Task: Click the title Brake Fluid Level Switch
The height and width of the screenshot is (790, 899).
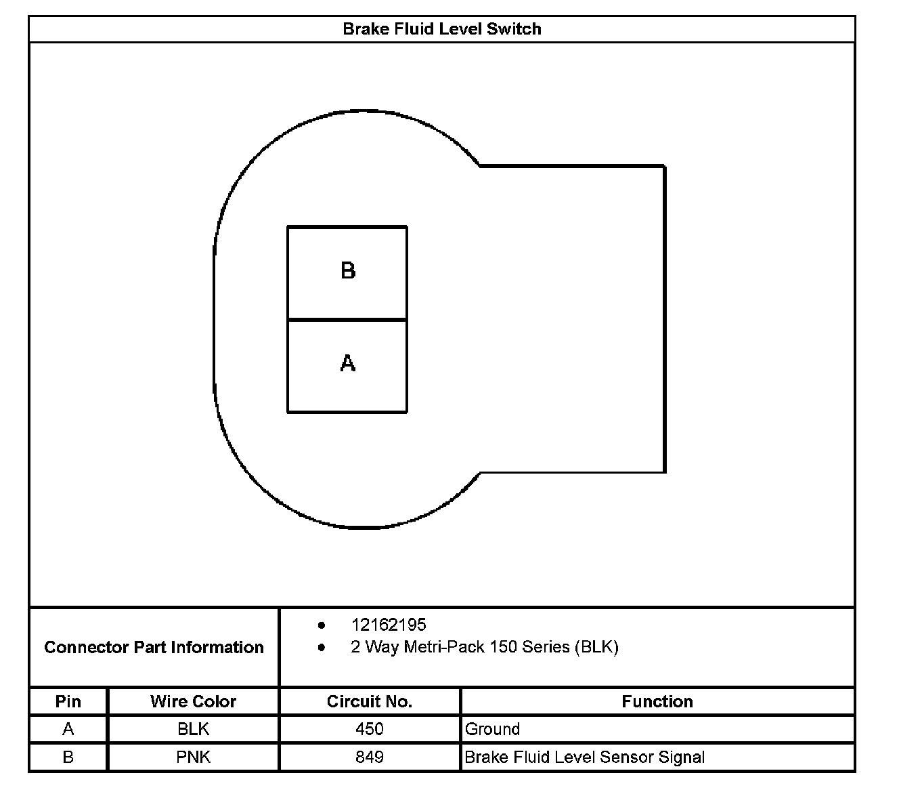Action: coord(441,29)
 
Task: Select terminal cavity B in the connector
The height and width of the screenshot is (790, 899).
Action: coord(347,272)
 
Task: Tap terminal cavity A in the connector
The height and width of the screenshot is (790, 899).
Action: coord(347,365)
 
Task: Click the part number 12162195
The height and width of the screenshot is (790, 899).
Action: coord(389,625)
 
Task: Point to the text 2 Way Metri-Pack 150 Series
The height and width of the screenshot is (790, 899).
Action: coord(484,647)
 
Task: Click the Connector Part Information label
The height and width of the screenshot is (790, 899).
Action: coord(154,647)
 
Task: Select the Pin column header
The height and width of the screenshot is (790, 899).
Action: coord(68,701)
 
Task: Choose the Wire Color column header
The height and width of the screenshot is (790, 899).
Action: coord(193,701)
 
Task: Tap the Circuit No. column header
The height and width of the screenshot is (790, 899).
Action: coord(369,701)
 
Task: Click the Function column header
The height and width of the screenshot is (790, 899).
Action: coord(657,701)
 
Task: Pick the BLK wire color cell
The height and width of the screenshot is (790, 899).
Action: coord(193,729)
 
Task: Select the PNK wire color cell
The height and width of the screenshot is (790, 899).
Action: coord(193,757)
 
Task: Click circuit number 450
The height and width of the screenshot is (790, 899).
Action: coord(369,729)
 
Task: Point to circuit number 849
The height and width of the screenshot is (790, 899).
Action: coord(369,757)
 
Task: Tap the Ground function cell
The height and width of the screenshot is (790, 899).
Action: coord(493,729)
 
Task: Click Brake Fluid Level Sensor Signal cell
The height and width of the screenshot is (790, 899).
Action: coord(585,757)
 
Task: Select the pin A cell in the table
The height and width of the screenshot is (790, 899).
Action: coord(68,729)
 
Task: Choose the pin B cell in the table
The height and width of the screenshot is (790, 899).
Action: coord(68,757)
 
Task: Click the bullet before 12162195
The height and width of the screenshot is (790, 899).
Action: coord(322,625)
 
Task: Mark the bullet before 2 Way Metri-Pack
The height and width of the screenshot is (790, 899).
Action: coord(322,647)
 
